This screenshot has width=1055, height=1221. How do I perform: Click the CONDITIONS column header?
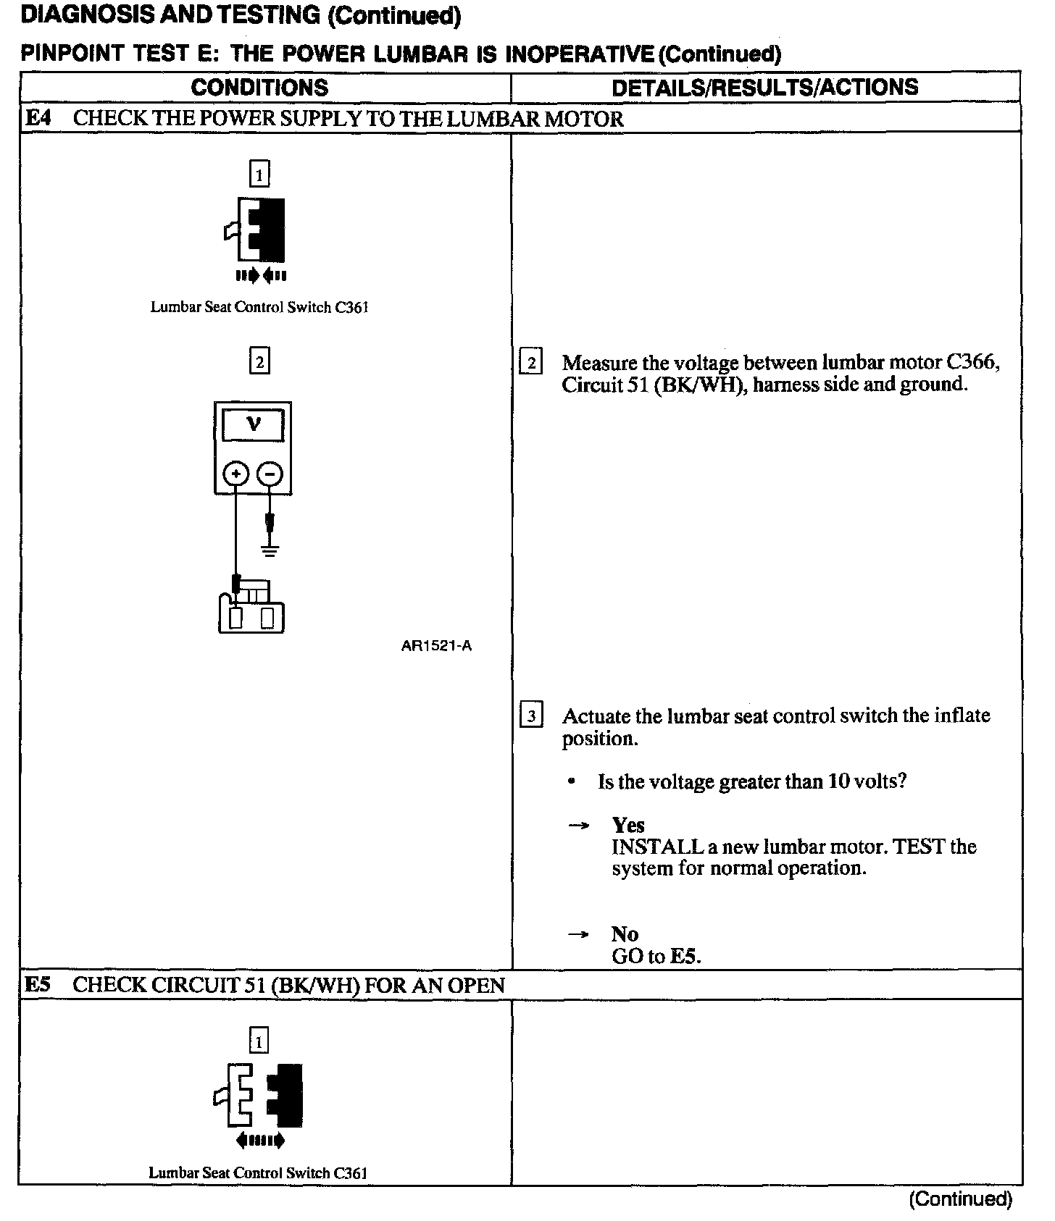[x=259, y=88]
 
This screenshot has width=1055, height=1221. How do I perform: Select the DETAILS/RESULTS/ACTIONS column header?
[x=764, y=88]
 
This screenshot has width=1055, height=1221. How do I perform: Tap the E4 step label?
[x=38, y=118]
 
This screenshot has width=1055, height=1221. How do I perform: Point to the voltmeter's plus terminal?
[x=235, y=474]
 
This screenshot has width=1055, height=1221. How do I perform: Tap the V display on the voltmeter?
[x=253, y=424]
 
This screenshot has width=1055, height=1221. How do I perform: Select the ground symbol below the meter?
[x=270, y=550]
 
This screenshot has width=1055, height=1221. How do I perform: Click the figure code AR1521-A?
[x=436, y=646]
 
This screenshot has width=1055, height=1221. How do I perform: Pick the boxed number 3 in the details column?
[x=531, y=716]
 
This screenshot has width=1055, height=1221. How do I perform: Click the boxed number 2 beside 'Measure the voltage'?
[x=531, y=362]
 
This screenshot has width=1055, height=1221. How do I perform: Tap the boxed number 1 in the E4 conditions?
[x=259, y=174]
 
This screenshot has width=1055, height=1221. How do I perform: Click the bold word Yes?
[x=627, y=825]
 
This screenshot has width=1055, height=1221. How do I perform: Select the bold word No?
[x=624, y=934]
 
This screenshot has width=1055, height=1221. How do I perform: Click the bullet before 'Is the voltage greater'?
[x=572, y=782]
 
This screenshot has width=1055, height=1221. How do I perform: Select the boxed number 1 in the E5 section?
[x=259, y=1041]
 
